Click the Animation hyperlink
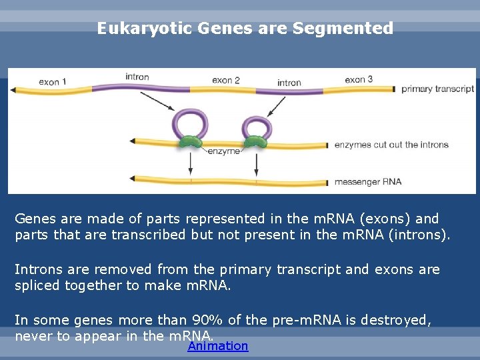(x=218, y=346)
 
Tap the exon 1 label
(x=53, y=82)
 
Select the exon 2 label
(x=226, y=81)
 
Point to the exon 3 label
(x=359, y=79)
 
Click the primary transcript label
(x=437, y=88)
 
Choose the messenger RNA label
(x=368, y=181)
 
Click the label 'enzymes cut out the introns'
(x=391, y=145)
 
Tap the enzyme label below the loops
(x=224, y=151)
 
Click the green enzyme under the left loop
(x=192, y=142)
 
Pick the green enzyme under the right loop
(x=254, y=142)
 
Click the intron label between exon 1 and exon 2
(x=137, y=77)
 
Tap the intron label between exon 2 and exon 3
(x=289, y=83)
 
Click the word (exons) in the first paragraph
(x=383, y=219)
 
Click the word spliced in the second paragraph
(x=37, y=285)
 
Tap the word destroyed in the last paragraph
(x=397, y=321)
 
